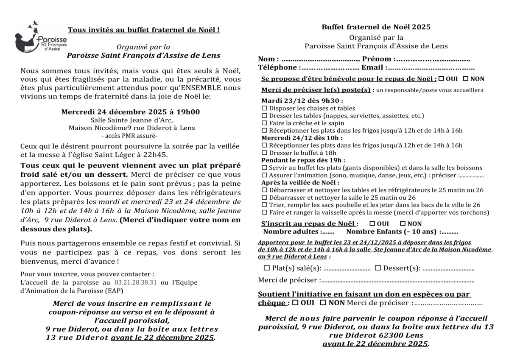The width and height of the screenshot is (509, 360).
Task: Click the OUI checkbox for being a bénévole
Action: (x=442, y=78)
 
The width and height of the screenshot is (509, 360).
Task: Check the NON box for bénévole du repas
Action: (x=465, y=78)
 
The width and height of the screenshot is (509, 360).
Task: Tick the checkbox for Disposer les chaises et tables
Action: (x=264, y=109)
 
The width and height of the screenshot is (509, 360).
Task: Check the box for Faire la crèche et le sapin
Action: (x=264, y=123)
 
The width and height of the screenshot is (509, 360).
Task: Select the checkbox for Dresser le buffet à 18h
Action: (x=264, y=153)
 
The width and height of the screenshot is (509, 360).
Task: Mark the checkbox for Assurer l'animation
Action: (x=264, y=175)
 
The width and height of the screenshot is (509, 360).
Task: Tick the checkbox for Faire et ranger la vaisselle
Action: (x=264, y=212)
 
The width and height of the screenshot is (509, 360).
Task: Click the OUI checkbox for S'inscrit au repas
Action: (x=372, y=223)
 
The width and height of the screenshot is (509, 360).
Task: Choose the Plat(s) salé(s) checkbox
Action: (x=267, y=268)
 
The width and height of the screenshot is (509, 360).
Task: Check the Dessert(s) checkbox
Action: (x=378, y=268)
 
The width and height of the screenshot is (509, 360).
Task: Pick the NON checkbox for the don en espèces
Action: (x=323, y=302)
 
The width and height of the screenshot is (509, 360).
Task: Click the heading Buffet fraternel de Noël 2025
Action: (x=376, y=27)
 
